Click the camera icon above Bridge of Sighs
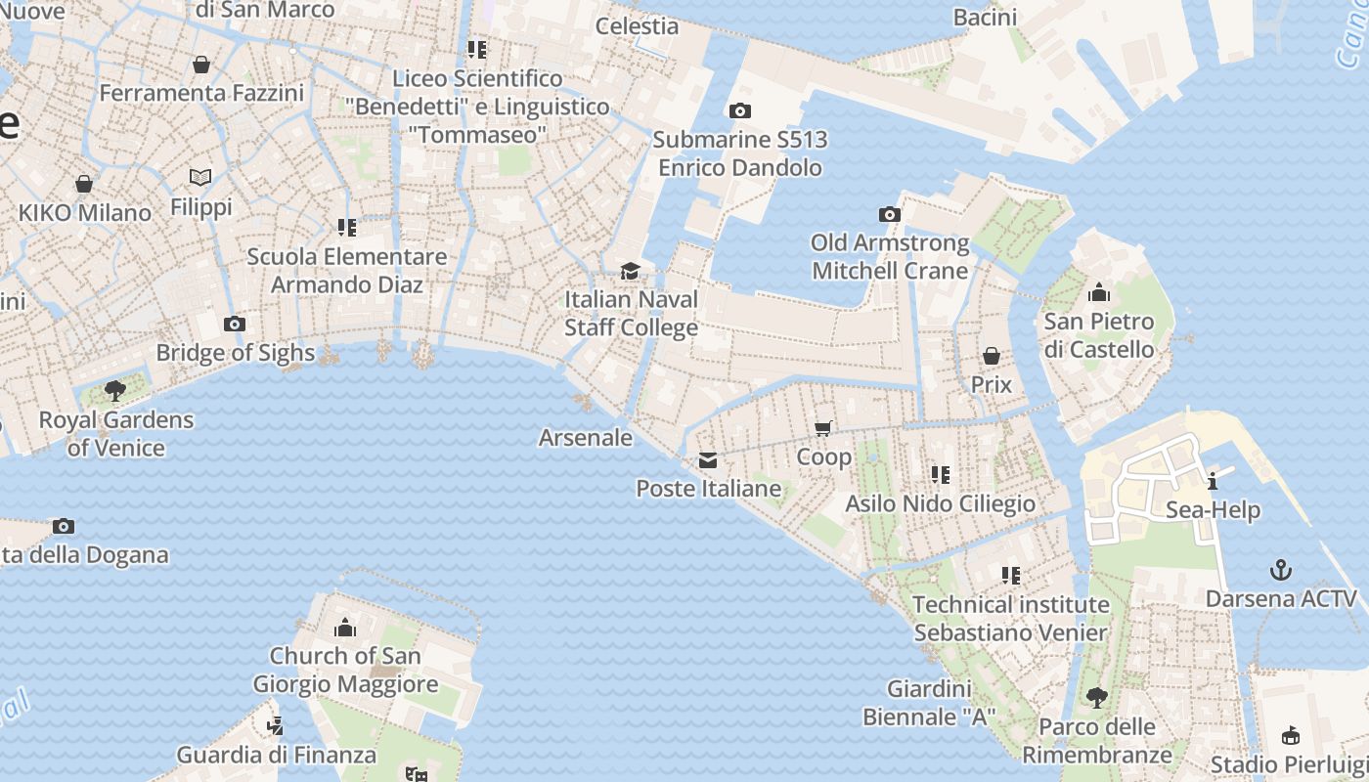point(234,325)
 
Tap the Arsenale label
point(586,438)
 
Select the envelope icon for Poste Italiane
point(708,460)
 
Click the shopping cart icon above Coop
point(823,429)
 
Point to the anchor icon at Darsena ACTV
point(1280,570)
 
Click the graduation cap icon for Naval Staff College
point(631,271)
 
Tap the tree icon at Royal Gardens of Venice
point(115,391)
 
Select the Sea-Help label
point(1213,510)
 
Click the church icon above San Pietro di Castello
point(1099,292)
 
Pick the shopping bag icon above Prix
point(991,356)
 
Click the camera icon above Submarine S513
point(740,110)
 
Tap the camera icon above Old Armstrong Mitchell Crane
point(889,214)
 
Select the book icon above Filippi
point(200,178)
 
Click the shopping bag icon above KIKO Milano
point(84,184)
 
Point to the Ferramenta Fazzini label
point(201,94)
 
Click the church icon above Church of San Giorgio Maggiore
point(345,628)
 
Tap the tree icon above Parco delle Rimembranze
point(1096,698)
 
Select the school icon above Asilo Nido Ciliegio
point(940,475)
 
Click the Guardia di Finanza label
point(276,755)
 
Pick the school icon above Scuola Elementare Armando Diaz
point(347,228)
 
